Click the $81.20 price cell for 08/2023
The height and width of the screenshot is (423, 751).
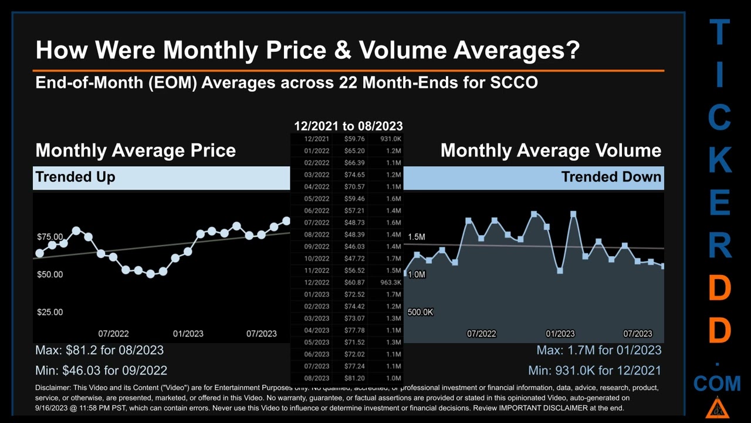(354, 378)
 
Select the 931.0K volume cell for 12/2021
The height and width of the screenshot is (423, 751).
(390, 139)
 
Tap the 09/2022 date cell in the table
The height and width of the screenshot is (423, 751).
(317, 247)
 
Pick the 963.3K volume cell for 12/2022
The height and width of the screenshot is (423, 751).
(390, 283)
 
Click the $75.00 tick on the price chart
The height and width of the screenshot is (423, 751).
(50, 237)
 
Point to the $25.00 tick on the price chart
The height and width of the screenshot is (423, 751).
(50, 312)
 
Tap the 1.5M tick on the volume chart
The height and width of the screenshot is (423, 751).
(416, 237)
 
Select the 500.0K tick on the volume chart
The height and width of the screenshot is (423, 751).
(420, 312)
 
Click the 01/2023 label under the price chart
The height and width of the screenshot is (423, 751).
(188, 334)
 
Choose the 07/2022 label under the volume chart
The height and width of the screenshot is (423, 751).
(481, 334)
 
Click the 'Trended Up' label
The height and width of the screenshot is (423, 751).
(75, 177)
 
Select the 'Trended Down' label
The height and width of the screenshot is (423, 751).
(611, 177)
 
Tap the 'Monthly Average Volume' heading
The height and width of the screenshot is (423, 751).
(550, 150)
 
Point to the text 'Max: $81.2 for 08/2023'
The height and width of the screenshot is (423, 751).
(99, 350)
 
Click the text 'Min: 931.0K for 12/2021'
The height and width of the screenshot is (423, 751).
(594, 371)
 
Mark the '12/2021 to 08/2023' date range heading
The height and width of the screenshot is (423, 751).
(348, 126)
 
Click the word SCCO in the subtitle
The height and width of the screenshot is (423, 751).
(514, 82)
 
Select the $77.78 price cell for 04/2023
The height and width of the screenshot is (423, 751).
(354, 330)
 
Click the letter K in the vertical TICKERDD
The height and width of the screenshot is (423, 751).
(719, 160)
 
